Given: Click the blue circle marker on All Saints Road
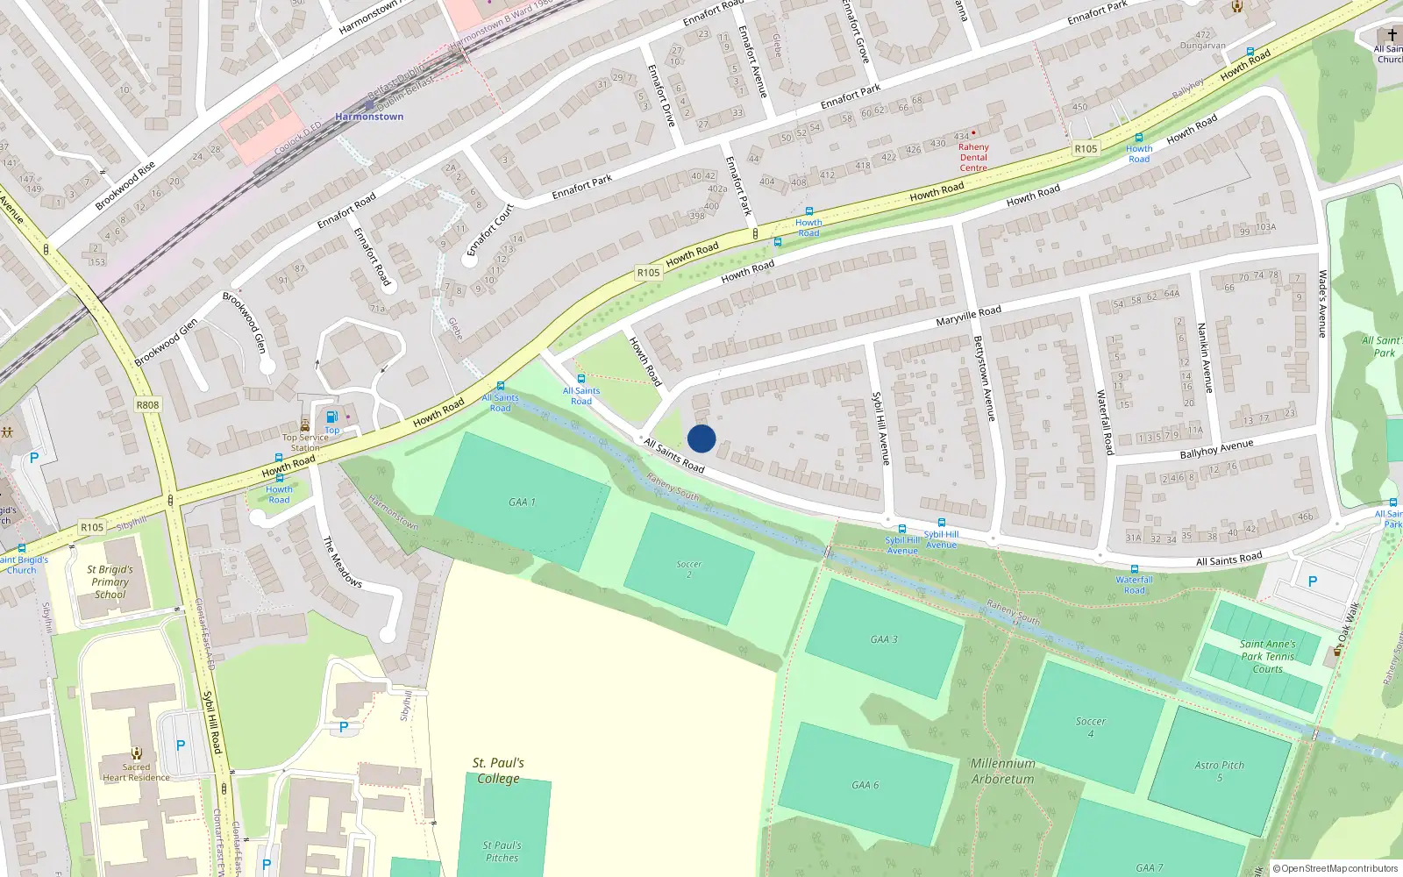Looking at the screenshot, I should [x=701, y=438].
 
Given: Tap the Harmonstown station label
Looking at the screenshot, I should [x=369, y=117].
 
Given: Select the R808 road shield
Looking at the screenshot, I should [x=147, y=405].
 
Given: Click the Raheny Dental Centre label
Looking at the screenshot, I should [x=973, y=157].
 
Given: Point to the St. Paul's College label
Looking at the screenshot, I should [x=498, y=770].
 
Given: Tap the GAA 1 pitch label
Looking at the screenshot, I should [x=522, y=503].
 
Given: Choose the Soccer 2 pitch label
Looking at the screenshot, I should [x=689, y=569].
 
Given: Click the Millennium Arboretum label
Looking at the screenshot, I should [x=1002, y=771].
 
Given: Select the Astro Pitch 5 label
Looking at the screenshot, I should [x=1219, y=771].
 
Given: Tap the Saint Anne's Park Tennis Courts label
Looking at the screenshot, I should [x=1267, y=656].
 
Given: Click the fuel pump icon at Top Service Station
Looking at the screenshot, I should [x=331, y=417].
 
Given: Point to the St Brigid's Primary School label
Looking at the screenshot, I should [x=110, y=581].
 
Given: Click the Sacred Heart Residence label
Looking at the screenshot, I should [x=136, y=772].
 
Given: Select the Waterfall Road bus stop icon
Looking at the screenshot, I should [x=1134, y=569].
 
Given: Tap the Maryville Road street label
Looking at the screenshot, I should [x=968, y=316].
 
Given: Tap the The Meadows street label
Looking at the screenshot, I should [x=343, y=561].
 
